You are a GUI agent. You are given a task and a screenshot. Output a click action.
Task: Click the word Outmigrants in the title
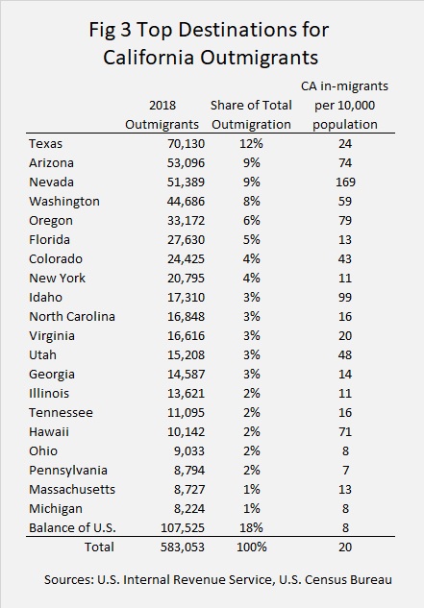(259, 58)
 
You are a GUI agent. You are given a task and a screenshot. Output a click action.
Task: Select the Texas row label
(45, 144)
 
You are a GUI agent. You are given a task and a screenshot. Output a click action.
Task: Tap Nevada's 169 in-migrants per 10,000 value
(345, 182)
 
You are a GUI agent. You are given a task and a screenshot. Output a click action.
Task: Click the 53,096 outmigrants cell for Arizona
(186, 163)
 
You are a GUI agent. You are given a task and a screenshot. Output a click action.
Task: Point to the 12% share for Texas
(251, 144)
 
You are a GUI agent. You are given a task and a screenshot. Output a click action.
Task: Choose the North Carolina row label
(72, 316)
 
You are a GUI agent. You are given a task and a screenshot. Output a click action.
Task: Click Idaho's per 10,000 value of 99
(345, 298)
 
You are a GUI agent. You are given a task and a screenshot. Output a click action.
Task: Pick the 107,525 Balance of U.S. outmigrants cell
(183, 527)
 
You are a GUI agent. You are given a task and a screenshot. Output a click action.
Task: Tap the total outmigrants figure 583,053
(183, 547)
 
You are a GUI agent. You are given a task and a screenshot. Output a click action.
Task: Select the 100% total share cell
(252, 547)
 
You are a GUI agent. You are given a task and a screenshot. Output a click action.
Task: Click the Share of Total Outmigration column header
(251, 114)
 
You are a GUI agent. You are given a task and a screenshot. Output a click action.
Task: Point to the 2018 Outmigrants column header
(162, 114)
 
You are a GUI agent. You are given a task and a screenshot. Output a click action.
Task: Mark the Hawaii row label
(49, 431)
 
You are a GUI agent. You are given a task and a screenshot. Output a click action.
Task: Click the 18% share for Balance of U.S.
(251, 527)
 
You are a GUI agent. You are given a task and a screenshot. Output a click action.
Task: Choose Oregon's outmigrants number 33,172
(186, 221)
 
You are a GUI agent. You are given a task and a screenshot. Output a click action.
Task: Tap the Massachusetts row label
(72, 489)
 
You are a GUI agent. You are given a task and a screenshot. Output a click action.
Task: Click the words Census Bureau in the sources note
(348, 580)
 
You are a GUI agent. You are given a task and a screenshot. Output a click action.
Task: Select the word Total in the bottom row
(99, 547)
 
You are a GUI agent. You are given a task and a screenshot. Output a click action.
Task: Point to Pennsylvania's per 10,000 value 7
(345, 471)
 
